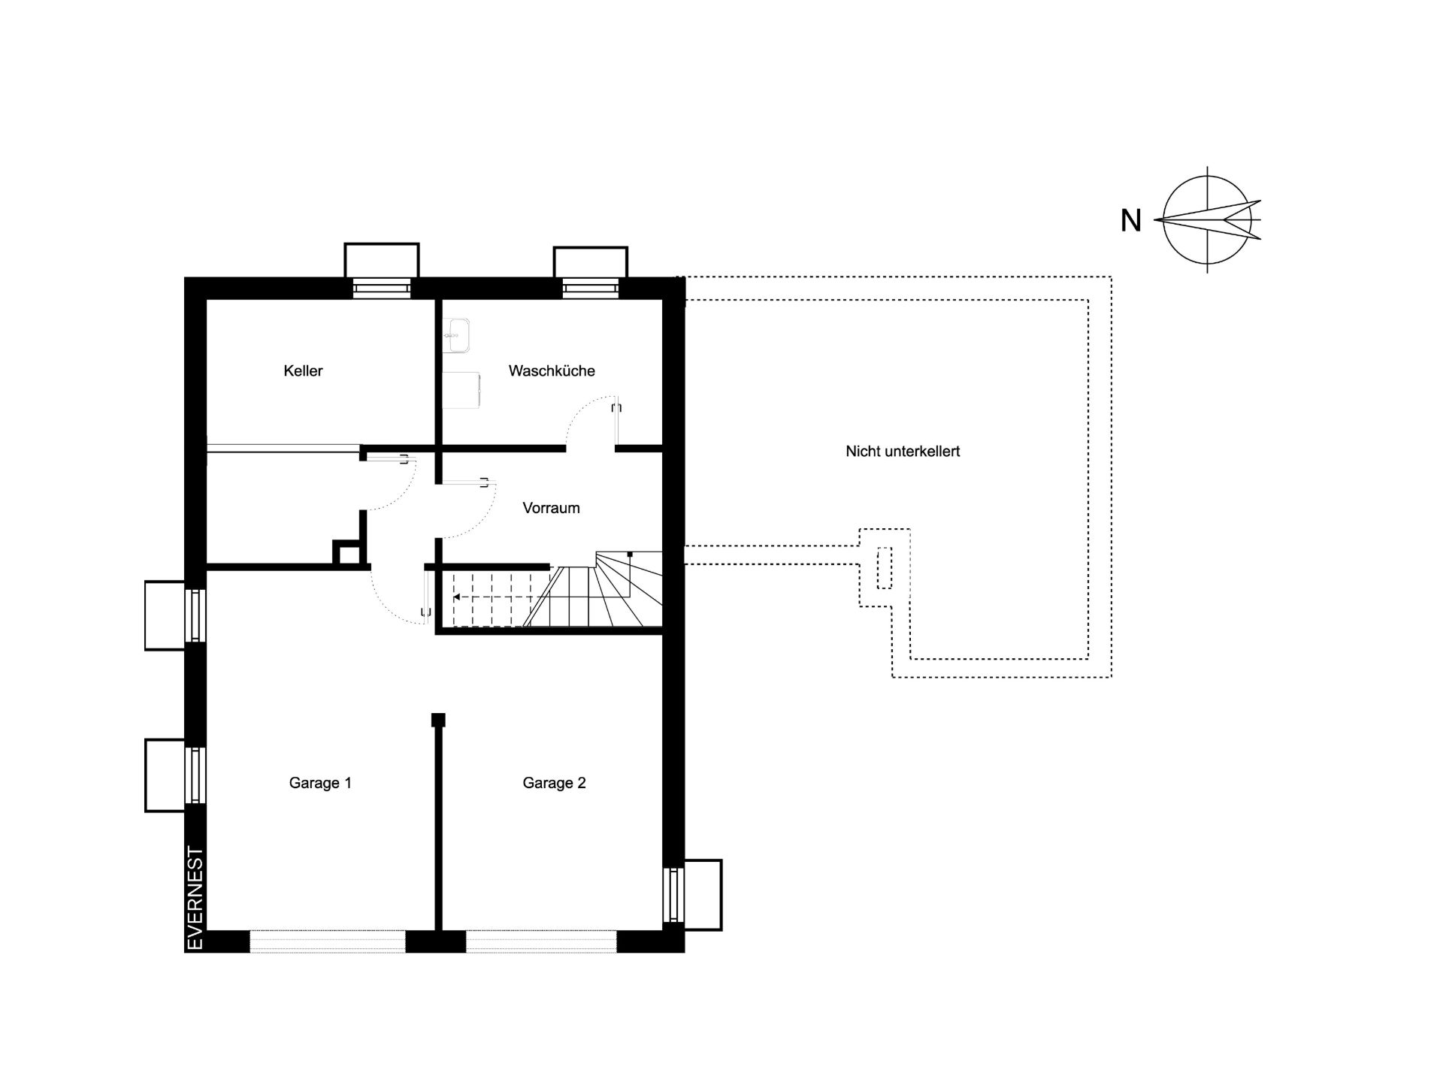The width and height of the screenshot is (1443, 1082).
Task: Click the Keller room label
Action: click(303, 370)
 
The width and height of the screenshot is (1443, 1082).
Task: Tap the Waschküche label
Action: click(552, 370)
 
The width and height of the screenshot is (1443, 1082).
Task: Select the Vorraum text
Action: click(551, 508)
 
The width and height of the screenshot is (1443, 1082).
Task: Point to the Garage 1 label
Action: click(320, 783)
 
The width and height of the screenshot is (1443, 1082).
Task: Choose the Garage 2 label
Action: click(554, 783)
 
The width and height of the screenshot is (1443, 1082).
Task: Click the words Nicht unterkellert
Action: click(903, 452)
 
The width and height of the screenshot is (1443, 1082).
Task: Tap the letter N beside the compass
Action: click(1131, 220)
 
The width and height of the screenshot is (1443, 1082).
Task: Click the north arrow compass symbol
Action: click(1208, 219)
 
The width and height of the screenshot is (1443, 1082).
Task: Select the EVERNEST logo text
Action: click(195, 899)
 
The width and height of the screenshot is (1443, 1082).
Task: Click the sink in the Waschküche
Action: click(455, 334)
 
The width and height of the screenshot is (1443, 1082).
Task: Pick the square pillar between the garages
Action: click(438, 720)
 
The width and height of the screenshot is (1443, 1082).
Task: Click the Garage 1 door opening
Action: click(327, 941)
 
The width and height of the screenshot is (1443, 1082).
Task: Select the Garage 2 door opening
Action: click(541, 941)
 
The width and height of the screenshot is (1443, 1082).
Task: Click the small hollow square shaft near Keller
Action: click(346, 552)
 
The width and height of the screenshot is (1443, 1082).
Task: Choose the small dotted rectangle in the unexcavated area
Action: click(885, 568)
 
